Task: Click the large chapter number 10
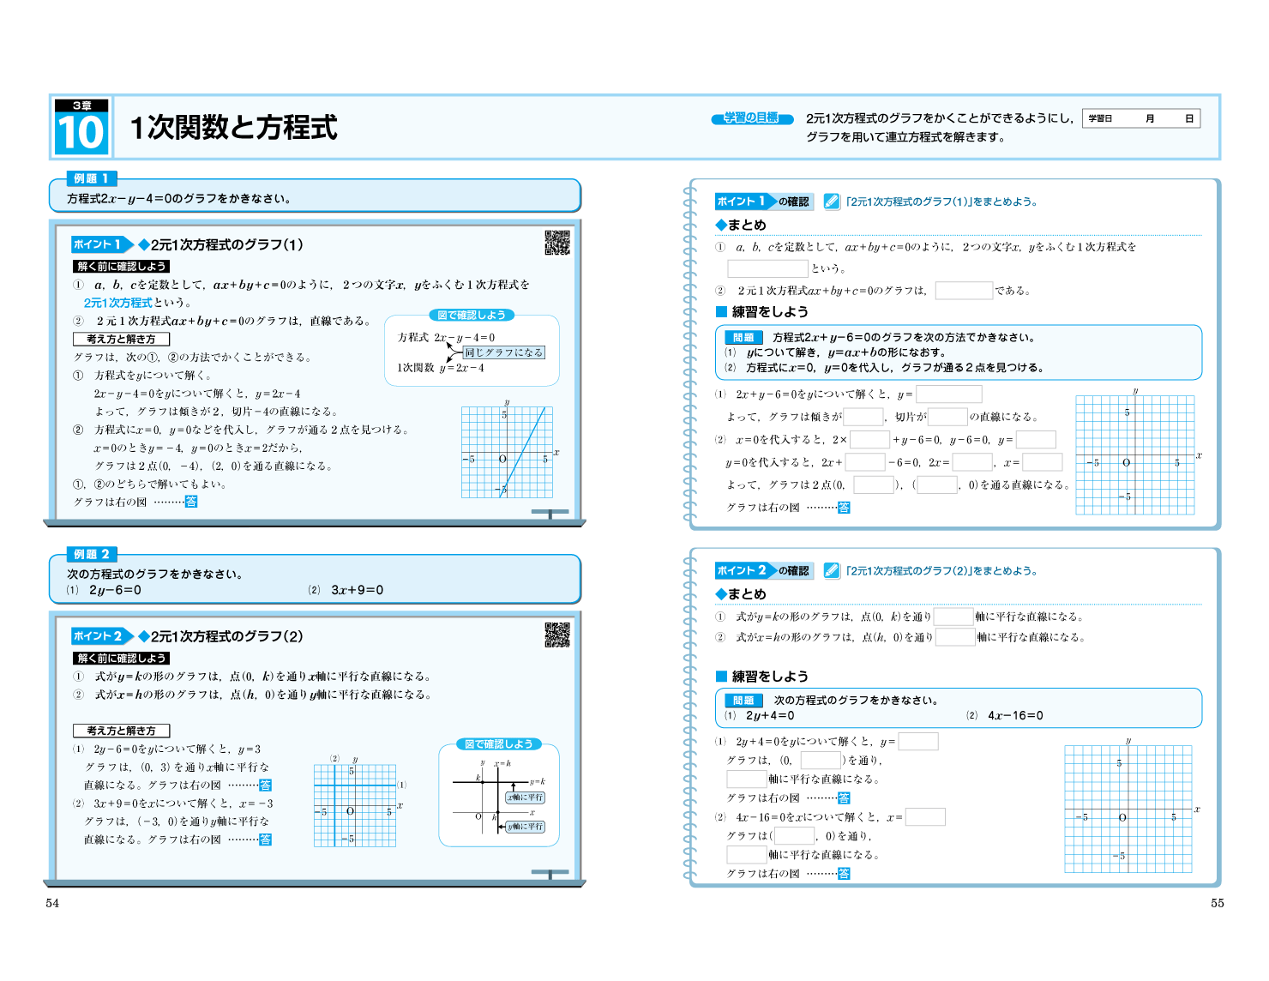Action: click(81, 134)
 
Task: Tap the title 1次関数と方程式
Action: click(233, 127)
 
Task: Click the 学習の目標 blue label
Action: click(750, 118)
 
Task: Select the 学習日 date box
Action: click(1141, 118)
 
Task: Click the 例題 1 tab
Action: click(91, 178)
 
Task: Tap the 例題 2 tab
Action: click(91, 554)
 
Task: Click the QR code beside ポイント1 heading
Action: click(557, 243)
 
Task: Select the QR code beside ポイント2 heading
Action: click(557, 635)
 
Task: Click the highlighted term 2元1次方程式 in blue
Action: click(117, 303)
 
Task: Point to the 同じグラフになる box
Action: click(503, 352)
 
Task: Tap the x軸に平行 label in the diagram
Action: click(525, 797)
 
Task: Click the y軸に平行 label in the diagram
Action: click(525, 827)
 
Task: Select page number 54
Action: click(52, 903)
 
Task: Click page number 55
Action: click(1217, 903)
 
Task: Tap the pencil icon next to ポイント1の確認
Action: click(831, 202)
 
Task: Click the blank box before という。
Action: click(767, 268)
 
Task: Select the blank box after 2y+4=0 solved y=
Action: click(917, 742)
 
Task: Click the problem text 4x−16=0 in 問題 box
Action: click(1015, 715)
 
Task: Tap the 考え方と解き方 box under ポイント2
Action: click(121, 731)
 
